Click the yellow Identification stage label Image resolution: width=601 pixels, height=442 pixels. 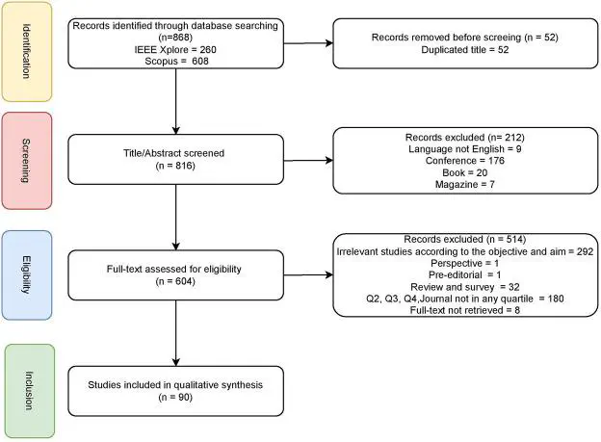coord(27,52)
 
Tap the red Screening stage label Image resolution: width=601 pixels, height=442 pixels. coord(27,161)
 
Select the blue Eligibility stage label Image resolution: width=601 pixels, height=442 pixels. coord(27,274)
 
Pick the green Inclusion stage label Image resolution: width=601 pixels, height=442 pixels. coord(30,391)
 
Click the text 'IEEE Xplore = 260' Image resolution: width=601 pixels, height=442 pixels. coord(175,49)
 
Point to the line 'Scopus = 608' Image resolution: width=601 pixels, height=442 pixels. coord(176,61)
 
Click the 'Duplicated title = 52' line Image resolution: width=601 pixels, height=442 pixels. coord(465,49)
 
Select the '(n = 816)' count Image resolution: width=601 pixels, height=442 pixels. coord(175,166)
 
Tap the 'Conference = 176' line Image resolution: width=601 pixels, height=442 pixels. coord(465,160)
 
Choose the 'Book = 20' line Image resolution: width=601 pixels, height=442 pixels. coord(465,172)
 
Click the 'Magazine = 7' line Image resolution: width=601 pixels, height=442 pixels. coord(465,184)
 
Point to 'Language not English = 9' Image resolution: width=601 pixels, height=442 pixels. coord(465,148)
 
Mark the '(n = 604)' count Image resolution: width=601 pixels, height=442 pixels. coord(175,281)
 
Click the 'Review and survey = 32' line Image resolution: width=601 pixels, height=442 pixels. coord(465,287)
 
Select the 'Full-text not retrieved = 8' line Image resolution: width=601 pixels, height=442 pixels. coord(465,310)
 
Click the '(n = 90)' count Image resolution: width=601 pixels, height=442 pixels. coord(175,397)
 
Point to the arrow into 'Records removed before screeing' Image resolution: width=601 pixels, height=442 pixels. coord(308,43)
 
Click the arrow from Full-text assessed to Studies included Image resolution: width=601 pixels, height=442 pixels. coord(176,333)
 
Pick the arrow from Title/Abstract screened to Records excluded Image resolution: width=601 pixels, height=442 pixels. coord(308,160)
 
